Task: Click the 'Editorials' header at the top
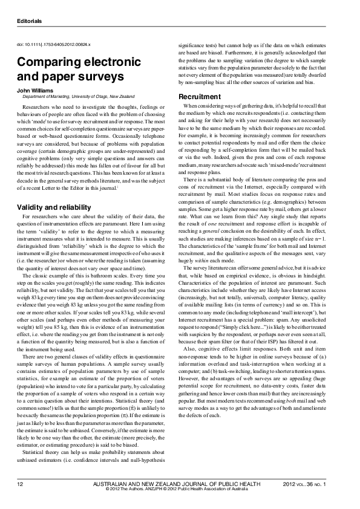point(29,21)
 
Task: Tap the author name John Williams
point(34,89)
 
